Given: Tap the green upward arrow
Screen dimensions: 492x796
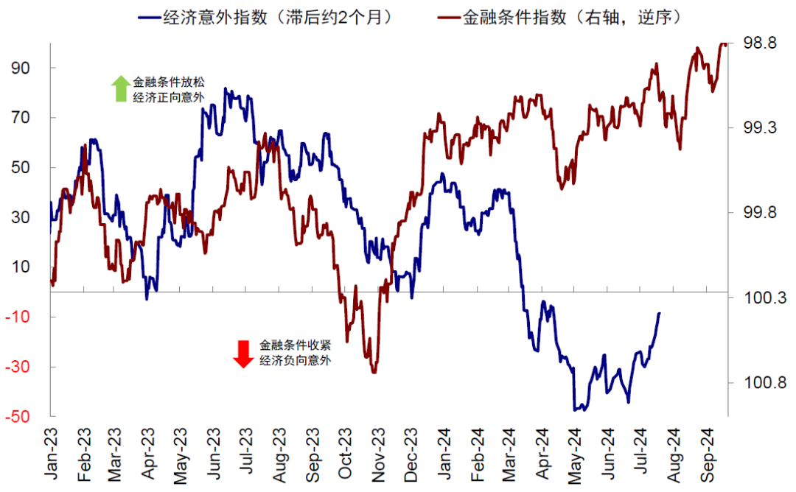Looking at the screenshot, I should [x=119, y=88].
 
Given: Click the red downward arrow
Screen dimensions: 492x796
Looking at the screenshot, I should [x=243, y=353].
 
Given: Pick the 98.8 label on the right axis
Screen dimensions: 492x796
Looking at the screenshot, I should [x=759, y=43].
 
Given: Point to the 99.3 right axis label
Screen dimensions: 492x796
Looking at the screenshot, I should [x=759, y=128].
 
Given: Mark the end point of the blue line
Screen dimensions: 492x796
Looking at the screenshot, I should [x=659, y=313].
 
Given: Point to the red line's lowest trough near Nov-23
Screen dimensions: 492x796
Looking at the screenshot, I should [x=374, y=372].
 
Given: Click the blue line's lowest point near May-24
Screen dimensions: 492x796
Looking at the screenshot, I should [x=576, y=410].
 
